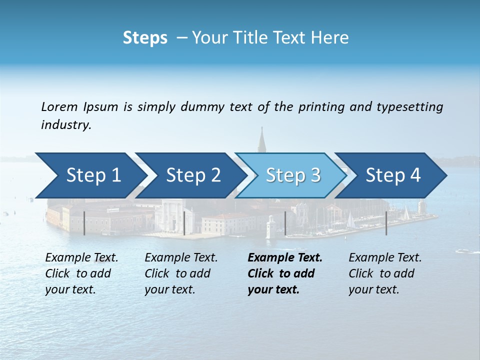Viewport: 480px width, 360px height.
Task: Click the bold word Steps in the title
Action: click(x=145, y=38)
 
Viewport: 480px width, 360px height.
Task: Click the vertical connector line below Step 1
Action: click(x=84, y=223)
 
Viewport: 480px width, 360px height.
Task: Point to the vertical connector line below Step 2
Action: click(x=184, y=223)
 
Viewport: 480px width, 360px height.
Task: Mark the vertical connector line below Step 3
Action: click(x=285, y=223)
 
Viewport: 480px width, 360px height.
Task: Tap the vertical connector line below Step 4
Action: click(x=386, y=223)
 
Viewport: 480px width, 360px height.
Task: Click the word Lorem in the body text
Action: click(x=59, y=106)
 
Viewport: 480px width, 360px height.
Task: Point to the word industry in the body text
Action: click(x=66, y=125)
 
